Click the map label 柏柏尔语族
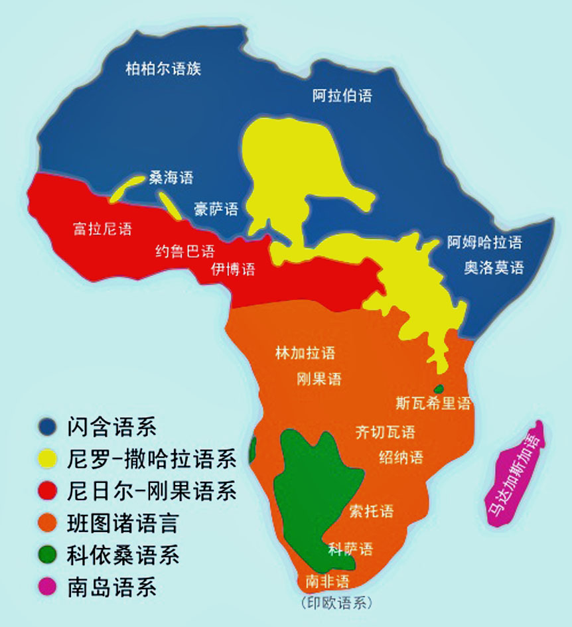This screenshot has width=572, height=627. [x=163, y=68]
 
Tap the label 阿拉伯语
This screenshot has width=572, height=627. [x=342, y=96]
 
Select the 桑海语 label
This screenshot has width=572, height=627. [x=171, y=177]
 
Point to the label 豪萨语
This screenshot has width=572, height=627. [x=216, y=210]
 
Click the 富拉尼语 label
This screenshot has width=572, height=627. [x=102, y=230]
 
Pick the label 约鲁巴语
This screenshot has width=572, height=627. [x=185, y=251]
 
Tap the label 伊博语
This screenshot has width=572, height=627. [x=233, y=269]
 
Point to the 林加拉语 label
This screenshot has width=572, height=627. [x=305, y=353]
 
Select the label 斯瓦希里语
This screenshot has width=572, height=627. [x=433, y=403]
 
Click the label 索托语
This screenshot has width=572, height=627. [x=371, y=511]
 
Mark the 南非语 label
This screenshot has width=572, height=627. [x=326, y=582]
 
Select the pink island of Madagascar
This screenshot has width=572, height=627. [x=517, y=474]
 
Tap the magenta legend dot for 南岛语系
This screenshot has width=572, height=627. [x=47, y=587]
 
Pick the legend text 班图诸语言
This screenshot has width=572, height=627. [x=123, y=523]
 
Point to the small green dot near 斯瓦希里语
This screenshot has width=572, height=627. [x=439, y=389]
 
